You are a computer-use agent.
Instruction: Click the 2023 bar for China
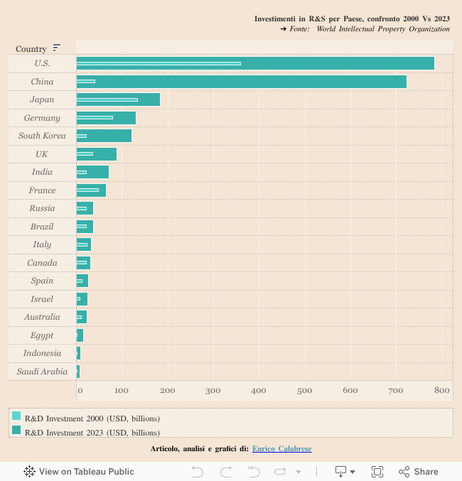point(284,82)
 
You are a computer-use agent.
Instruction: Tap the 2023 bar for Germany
point(124,118)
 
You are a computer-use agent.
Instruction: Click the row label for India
point(42,172)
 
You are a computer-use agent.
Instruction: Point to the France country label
point(42,190)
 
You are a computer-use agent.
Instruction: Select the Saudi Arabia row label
point(42,372)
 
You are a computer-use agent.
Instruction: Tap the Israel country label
point(42,299)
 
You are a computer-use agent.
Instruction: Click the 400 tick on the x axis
point(259,390)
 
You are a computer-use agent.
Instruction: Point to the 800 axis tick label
point(442,390)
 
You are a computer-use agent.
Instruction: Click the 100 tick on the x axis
point(122,390)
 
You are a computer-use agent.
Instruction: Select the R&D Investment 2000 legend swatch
point(16,416)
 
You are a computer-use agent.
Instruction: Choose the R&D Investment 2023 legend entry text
point(92,432)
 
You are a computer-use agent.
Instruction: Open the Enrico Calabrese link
point(281,449)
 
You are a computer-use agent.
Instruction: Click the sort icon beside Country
point(57,48)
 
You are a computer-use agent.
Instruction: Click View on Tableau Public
point(79,472)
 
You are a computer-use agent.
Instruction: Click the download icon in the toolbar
point(341,472)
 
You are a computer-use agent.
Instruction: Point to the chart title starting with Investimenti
point(352,18)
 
